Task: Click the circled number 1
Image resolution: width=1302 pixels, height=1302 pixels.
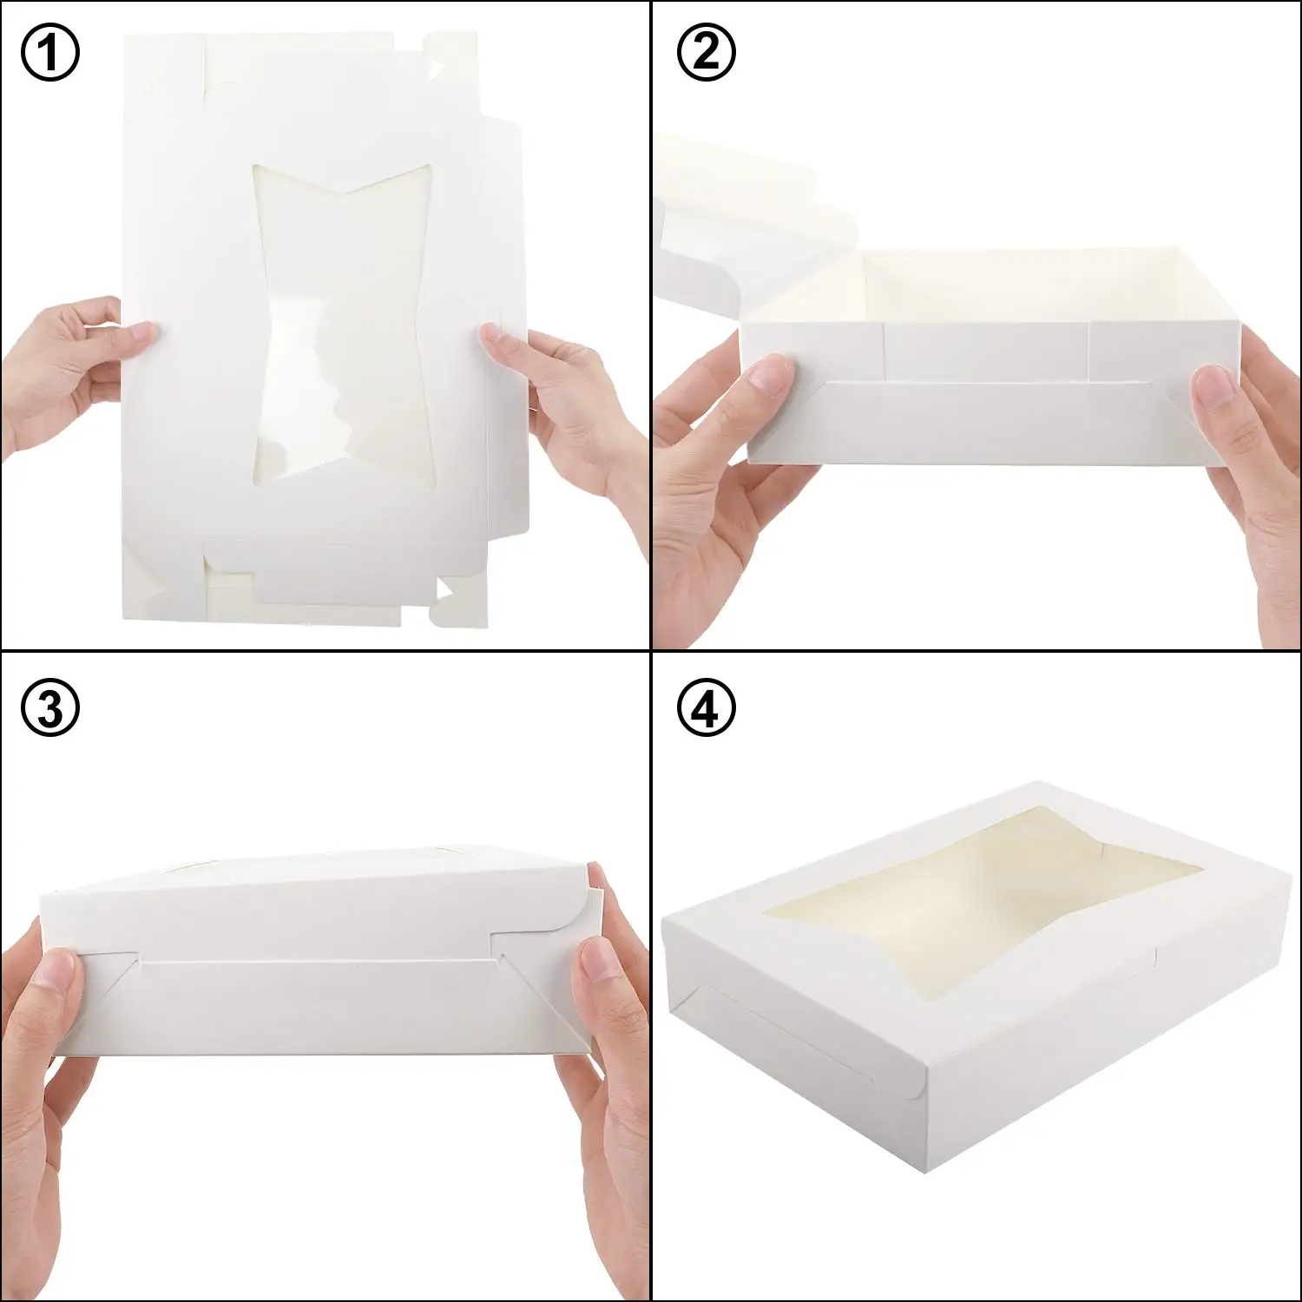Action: tap(49, 52)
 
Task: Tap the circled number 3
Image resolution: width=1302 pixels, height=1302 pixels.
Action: tap(49, 709)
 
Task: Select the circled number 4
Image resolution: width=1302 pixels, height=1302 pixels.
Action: tap(706, 709)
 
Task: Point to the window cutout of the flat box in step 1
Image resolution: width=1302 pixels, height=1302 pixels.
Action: tap(343, 321)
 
